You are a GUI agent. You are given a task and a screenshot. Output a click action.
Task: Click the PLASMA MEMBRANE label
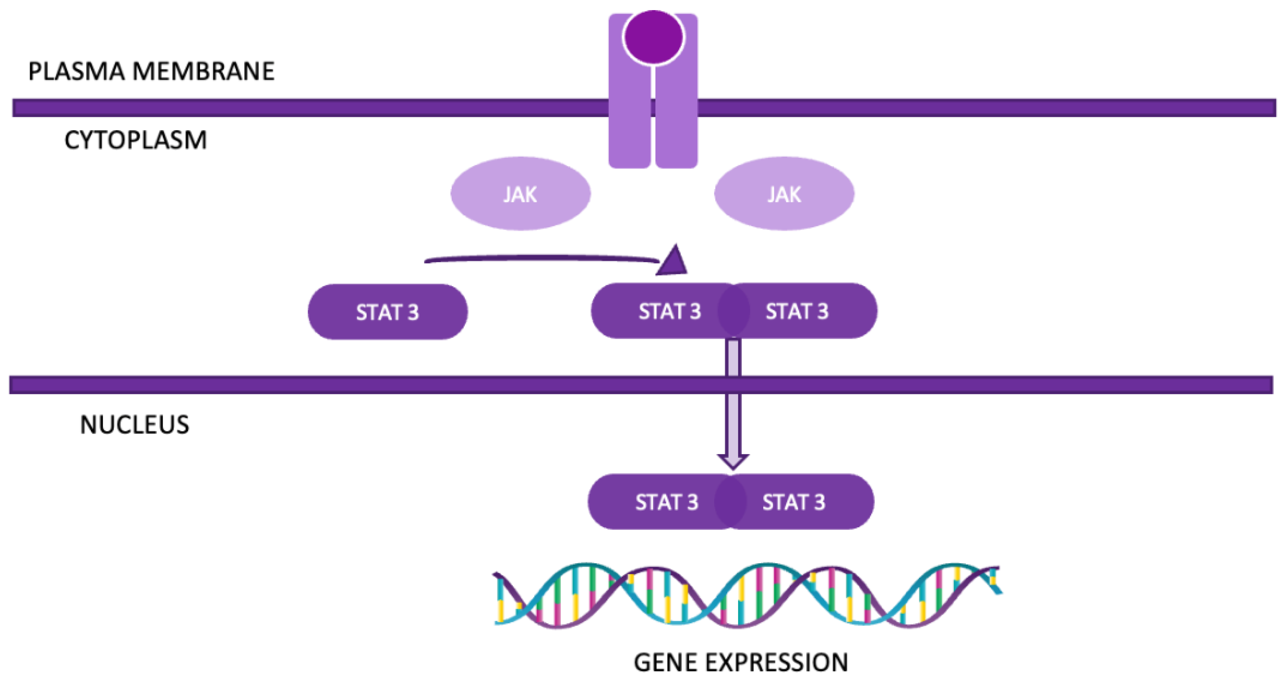click(x=151, y=71)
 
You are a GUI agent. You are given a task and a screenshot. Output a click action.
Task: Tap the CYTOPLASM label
click(x=135, y=140)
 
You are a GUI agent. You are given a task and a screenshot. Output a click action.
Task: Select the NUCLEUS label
click(x=134, y=424)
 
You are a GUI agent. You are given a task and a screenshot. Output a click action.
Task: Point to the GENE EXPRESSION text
click(x=740, y=663)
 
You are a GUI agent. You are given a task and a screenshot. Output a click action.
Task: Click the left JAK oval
click(x=520, y=194)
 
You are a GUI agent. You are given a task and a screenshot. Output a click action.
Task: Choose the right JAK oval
click(x=784, y=194)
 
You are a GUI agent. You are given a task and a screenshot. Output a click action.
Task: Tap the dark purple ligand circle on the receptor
click(x=653, y=36)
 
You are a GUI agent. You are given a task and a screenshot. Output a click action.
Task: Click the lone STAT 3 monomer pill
click(x=387, y=312)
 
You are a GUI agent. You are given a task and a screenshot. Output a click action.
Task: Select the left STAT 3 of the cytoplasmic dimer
click(x=660, y=311)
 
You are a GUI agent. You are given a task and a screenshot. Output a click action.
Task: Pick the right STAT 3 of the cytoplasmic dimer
click(x=805, y=311)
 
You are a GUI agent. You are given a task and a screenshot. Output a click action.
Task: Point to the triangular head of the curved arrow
click(x=672, y=262)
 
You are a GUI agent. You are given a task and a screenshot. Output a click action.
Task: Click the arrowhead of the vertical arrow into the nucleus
click(x=732, y=460)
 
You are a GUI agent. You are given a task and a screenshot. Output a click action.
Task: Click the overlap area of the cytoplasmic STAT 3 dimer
click(x=733, y=311)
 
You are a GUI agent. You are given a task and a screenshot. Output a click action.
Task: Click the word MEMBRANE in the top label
click(x=203, y=71)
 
